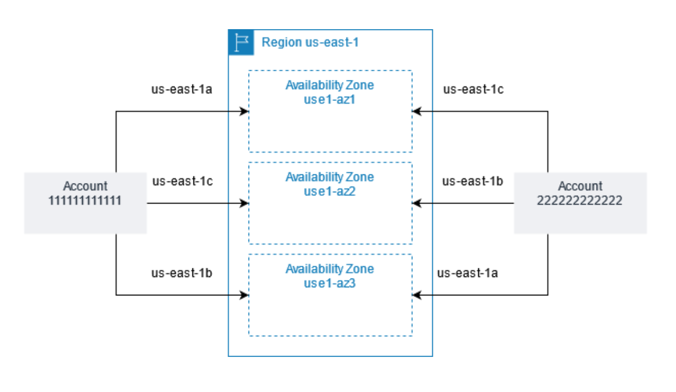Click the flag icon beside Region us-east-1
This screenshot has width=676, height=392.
tap(241, 42)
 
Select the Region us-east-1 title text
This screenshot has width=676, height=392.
tap(310, 42)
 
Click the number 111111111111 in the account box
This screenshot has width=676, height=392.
tap(85, 201)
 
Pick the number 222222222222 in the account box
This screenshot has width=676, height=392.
tap(580, 201)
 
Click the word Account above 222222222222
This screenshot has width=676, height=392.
tap(580, 186)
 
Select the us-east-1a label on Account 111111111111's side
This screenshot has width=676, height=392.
tap(181, 89)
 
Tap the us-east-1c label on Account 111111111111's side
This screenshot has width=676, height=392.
tap(182, 181)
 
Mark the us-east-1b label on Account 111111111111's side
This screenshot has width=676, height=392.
tap(181, 273)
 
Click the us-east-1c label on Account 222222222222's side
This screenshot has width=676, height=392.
tap(473, 89)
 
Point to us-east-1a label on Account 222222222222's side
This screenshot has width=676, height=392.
tap(467, 273)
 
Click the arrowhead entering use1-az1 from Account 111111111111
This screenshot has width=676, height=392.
tap(245, 112)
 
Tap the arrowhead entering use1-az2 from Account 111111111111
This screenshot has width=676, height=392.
tap(245, 204)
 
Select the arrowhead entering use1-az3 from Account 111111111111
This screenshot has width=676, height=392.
tap(245, 295)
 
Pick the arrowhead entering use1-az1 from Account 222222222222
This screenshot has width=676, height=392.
tap(416, 112)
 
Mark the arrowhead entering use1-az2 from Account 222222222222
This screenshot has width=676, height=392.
tap(416, 204)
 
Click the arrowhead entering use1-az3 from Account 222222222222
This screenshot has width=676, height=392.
tap(416, 295)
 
